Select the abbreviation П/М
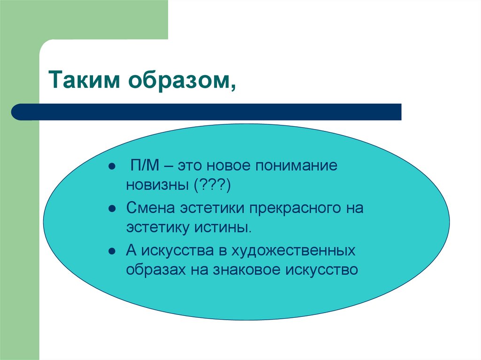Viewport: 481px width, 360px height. [x=143, y=167]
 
